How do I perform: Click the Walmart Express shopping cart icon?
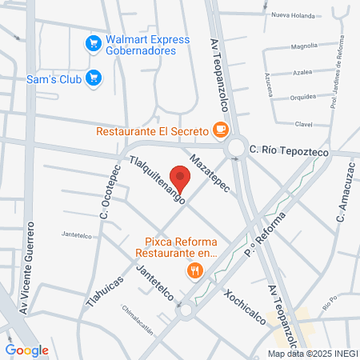94,42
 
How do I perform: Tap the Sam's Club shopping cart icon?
94,78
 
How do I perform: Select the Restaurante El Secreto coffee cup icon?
220,129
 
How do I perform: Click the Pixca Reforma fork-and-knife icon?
194,272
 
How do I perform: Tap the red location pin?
181,179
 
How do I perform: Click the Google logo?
26,350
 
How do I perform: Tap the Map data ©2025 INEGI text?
312,353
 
